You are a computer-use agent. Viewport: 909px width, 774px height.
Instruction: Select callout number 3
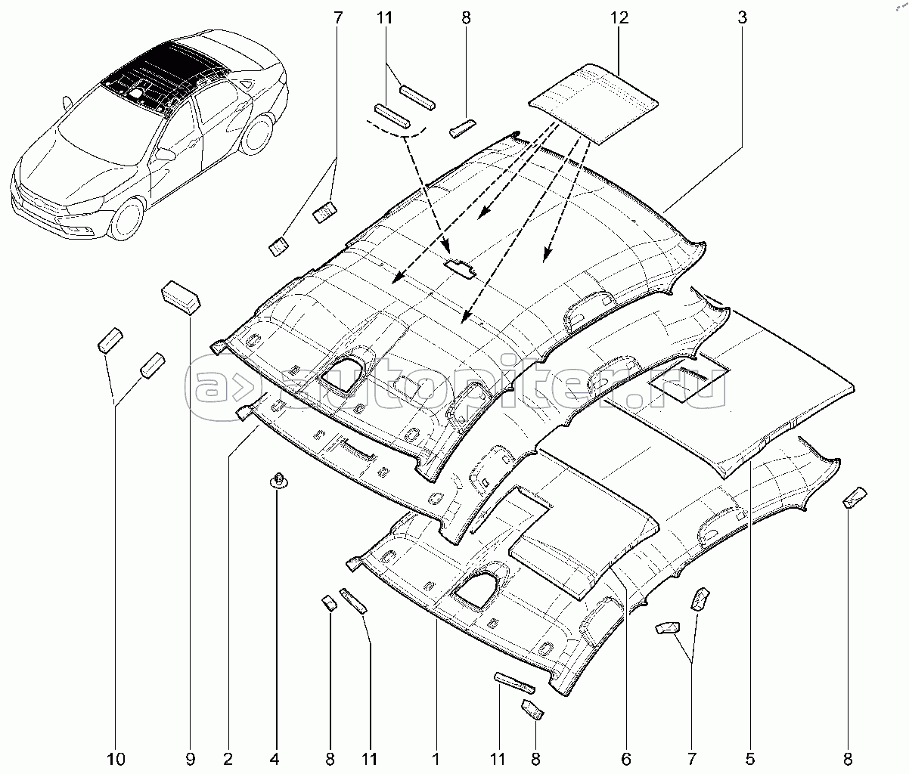742,17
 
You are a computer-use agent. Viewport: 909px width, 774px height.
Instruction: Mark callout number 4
275,757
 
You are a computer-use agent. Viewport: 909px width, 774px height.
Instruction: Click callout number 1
436,757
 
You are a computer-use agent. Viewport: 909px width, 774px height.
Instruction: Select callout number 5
749,757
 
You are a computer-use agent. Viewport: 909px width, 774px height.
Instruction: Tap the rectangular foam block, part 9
181,296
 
